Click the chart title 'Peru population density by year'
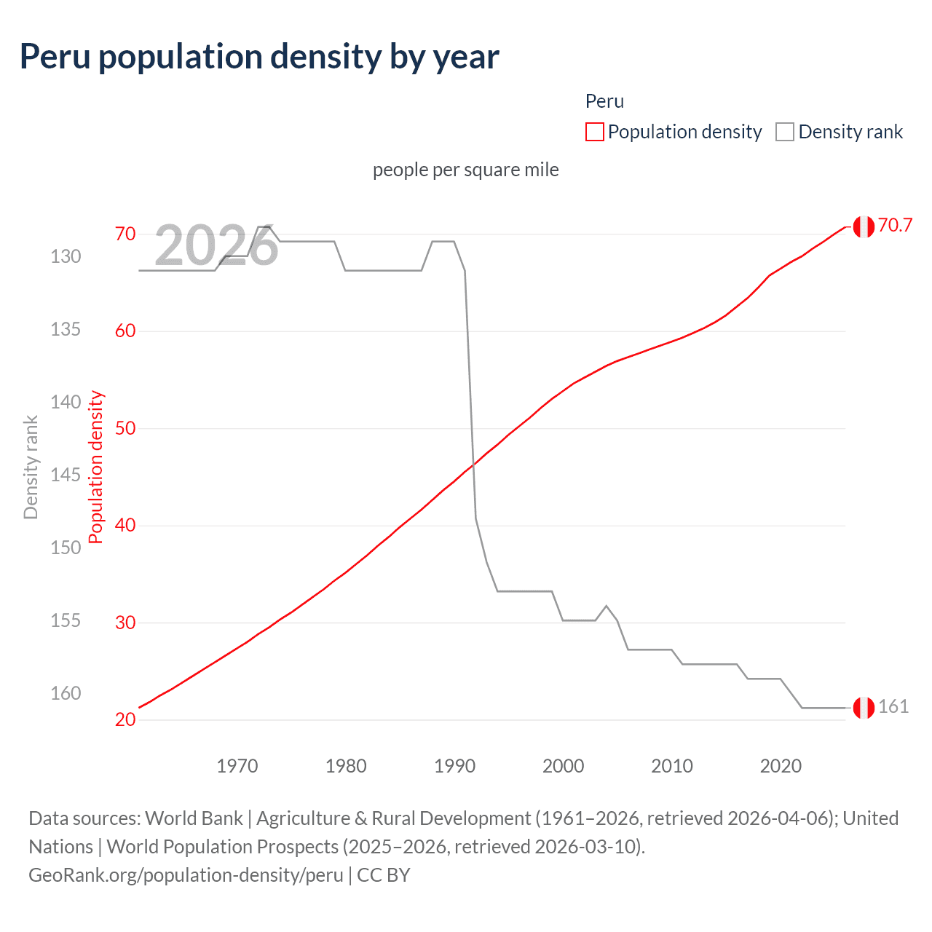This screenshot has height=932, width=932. pyautogui.click(x=259, y=57)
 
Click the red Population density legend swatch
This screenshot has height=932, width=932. pyautogui.click(x=595, y=132)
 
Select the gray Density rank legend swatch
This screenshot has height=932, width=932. pyautogui.click(x=785, y=132)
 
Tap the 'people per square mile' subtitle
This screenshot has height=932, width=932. pyautogui.click(x=466, y=170)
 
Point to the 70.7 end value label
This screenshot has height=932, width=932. pyautogui.click(x=895, y=225)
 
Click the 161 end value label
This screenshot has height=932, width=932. pyautogui.click(x=893, y=706)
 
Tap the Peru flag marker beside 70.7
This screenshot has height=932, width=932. pyautogui.click(x=864, y=227)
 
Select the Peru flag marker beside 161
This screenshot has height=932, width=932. pyautogui.click(x=864, y=708)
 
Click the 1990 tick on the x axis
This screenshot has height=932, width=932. pyautogui.click(x=454, y=766)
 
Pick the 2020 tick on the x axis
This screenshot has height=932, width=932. pyautogui.click(x=781, y=766)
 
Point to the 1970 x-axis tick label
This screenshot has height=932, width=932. pyautogui.click(x=237, y=766)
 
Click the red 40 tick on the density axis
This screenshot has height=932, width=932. pyautogui.click(x=125, y=525)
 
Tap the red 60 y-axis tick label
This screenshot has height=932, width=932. pyautogui.click(x=125, y=331)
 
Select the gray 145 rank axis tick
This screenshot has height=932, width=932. pyautogui.click(x=66, y=475)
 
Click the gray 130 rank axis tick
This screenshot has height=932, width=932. pyautogui.click(x=66, y=256)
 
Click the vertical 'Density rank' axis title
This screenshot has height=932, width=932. pyautogui.click(x=31, y=467)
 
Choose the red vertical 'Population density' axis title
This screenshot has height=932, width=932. pyautogui.click(x=96, y=467)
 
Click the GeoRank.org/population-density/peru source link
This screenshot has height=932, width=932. pyautogui.click(x=186, y=874)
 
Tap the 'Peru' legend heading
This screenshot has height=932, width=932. pyautogui.click(x=604, y=101)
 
